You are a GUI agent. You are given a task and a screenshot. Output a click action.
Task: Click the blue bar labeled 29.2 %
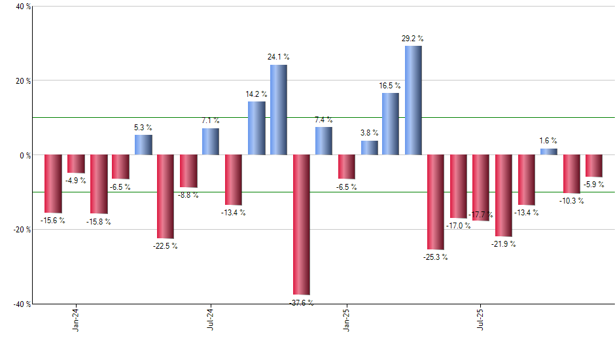(413, 100)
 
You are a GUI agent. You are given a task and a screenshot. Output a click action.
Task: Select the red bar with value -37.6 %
(301, 225)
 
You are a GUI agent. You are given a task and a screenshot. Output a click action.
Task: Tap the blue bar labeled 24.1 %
(278, 110)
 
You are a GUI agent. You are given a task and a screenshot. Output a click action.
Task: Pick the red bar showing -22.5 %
(165, 196)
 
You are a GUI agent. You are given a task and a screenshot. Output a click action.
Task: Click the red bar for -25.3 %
(435, 202)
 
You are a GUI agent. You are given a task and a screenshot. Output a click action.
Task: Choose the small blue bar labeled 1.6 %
(548, 152)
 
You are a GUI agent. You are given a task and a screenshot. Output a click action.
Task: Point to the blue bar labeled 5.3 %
(143, 145)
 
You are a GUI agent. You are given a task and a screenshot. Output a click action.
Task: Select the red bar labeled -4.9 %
(76, 164)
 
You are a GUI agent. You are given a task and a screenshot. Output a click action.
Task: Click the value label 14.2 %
(256, 94)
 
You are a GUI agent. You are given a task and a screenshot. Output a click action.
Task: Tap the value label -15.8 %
(99, 222)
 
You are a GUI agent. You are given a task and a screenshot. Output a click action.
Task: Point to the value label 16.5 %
(390, 86)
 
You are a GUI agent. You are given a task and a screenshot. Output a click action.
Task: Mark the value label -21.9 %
(504, 244)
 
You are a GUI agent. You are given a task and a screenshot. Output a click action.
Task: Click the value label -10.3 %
(571, 200)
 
